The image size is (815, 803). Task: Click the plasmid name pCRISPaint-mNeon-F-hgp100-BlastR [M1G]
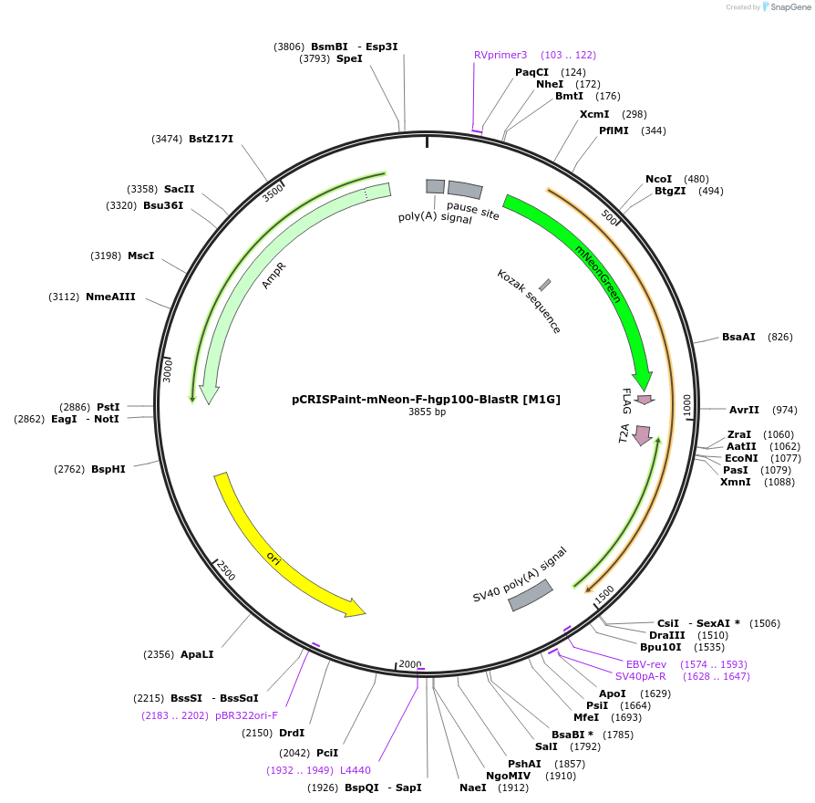[426, 399]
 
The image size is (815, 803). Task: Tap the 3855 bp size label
[427, 412]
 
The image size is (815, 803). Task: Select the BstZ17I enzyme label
[211, 139]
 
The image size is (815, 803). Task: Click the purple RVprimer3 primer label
[500, 55]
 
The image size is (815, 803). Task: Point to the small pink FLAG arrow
[645, 400]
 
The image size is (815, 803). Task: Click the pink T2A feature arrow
[643, 435]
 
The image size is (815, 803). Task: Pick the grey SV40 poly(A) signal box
[531, 595]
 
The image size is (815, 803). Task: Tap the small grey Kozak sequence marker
[544, 286]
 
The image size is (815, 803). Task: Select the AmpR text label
[273, 276]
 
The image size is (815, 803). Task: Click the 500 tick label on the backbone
[610, 217]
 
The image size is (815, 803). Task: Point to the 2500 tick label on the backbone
[225, 570]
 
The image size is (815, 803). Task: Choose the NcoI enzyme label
[658, 179]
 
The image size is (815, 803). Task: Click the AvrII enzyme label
[744, 410]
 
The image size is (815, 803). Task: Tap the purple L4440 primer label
[356, 770]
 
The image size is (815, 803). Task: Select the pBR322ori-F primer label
[246, 715]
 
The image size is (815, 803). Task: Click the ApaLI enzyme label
[197, 654]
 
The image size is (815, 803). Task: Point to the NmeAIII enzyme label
[110, 297]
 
